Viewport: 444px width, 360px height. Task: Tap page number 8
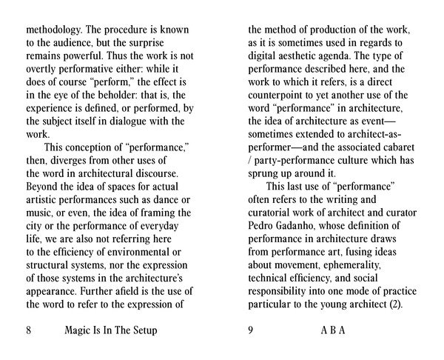[x=29, y=331]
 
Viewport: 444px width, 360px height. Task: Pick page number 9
[x=251, y=331]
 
